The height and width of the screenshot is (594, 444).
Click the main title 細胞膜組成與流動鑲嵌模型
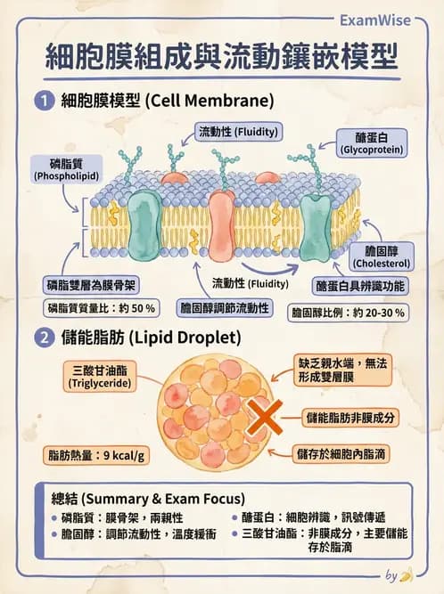tap(222, 55)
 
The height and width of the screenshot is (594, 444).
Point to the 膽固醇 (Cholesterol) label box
tap(381, 256)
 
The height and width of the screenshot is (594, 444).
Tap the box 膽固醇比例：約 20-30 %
tap(349, 313)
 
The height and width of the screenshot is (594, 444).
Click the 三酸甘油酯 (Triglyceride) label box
tap(101, 375)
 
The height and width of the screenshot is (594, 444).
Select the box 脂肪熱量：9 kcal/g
tap(97, 455)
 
